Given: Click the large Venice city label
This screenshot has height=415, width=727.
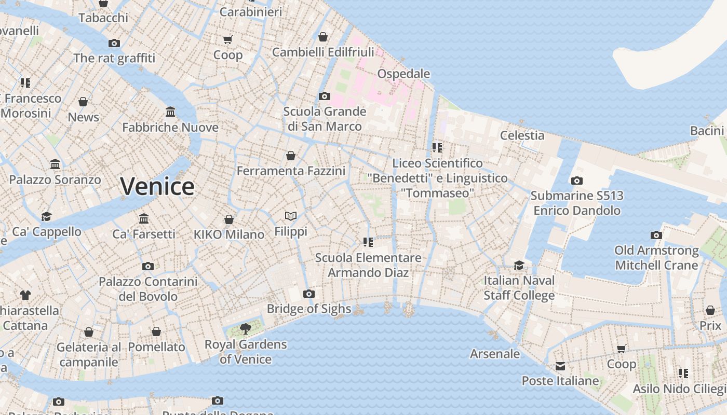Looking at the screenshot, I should pos(157,186).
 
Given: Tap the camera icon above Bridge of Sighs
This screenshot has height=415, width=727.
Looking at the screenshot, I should pos(309,294).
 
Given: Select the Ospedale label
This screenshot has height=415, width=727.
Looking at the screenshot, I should pos(403,74).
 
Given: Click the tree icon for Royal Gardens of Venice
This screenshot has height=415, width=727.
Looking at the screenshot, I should pos(245,328).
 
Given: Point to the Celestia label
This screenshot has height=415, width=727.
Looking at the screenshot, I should pos(522,135).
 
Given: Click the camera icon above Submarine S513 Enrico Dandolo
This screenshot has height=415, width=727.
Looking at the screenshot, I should pos(576,181).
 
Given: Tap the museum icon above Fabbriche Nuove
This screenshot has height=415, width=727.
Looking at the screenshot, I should pos(170,112).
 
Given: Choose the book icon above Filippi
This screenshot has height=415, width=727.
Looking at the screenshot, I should pos(291,216).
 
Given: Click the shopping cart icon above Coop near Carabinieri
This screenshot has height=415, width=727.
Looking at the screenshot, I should pos(227,40).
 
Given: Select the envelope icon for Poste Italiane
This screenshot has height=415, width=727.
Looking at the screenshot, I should pos(560,366).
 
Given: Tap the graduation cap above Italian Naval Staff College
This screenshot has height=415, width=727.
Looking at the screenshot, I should pos(519,266).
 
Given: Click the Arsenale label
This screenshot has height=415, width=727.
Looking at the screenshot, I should pos(495,354).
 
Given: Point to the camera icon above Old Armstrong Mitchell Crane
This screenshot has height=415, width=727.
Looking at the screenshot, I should pos(656,236).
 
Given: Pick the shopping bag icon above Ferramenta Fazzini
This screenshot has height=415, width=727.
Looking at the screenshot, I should pos(291,156).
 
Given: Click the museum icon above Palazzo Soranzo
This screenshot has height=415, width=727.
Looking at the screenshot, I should pos(55,165).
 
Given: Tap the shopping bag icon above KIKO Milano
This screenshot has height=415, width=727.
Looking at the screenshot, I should pos(228,220).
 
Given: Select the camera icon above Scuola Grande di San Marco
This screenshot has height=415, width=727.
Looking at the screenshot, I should pos(325,96).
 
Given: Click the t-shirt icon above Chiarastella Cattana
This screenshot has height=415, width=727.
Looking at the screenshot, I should pos(25,296).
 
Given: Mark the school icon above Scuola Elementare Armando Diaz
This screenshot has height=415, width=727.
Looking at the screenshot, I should pos(368,242).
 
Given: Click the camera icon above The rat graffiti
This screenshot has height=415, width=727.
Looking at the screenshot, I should pos(114,44).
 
